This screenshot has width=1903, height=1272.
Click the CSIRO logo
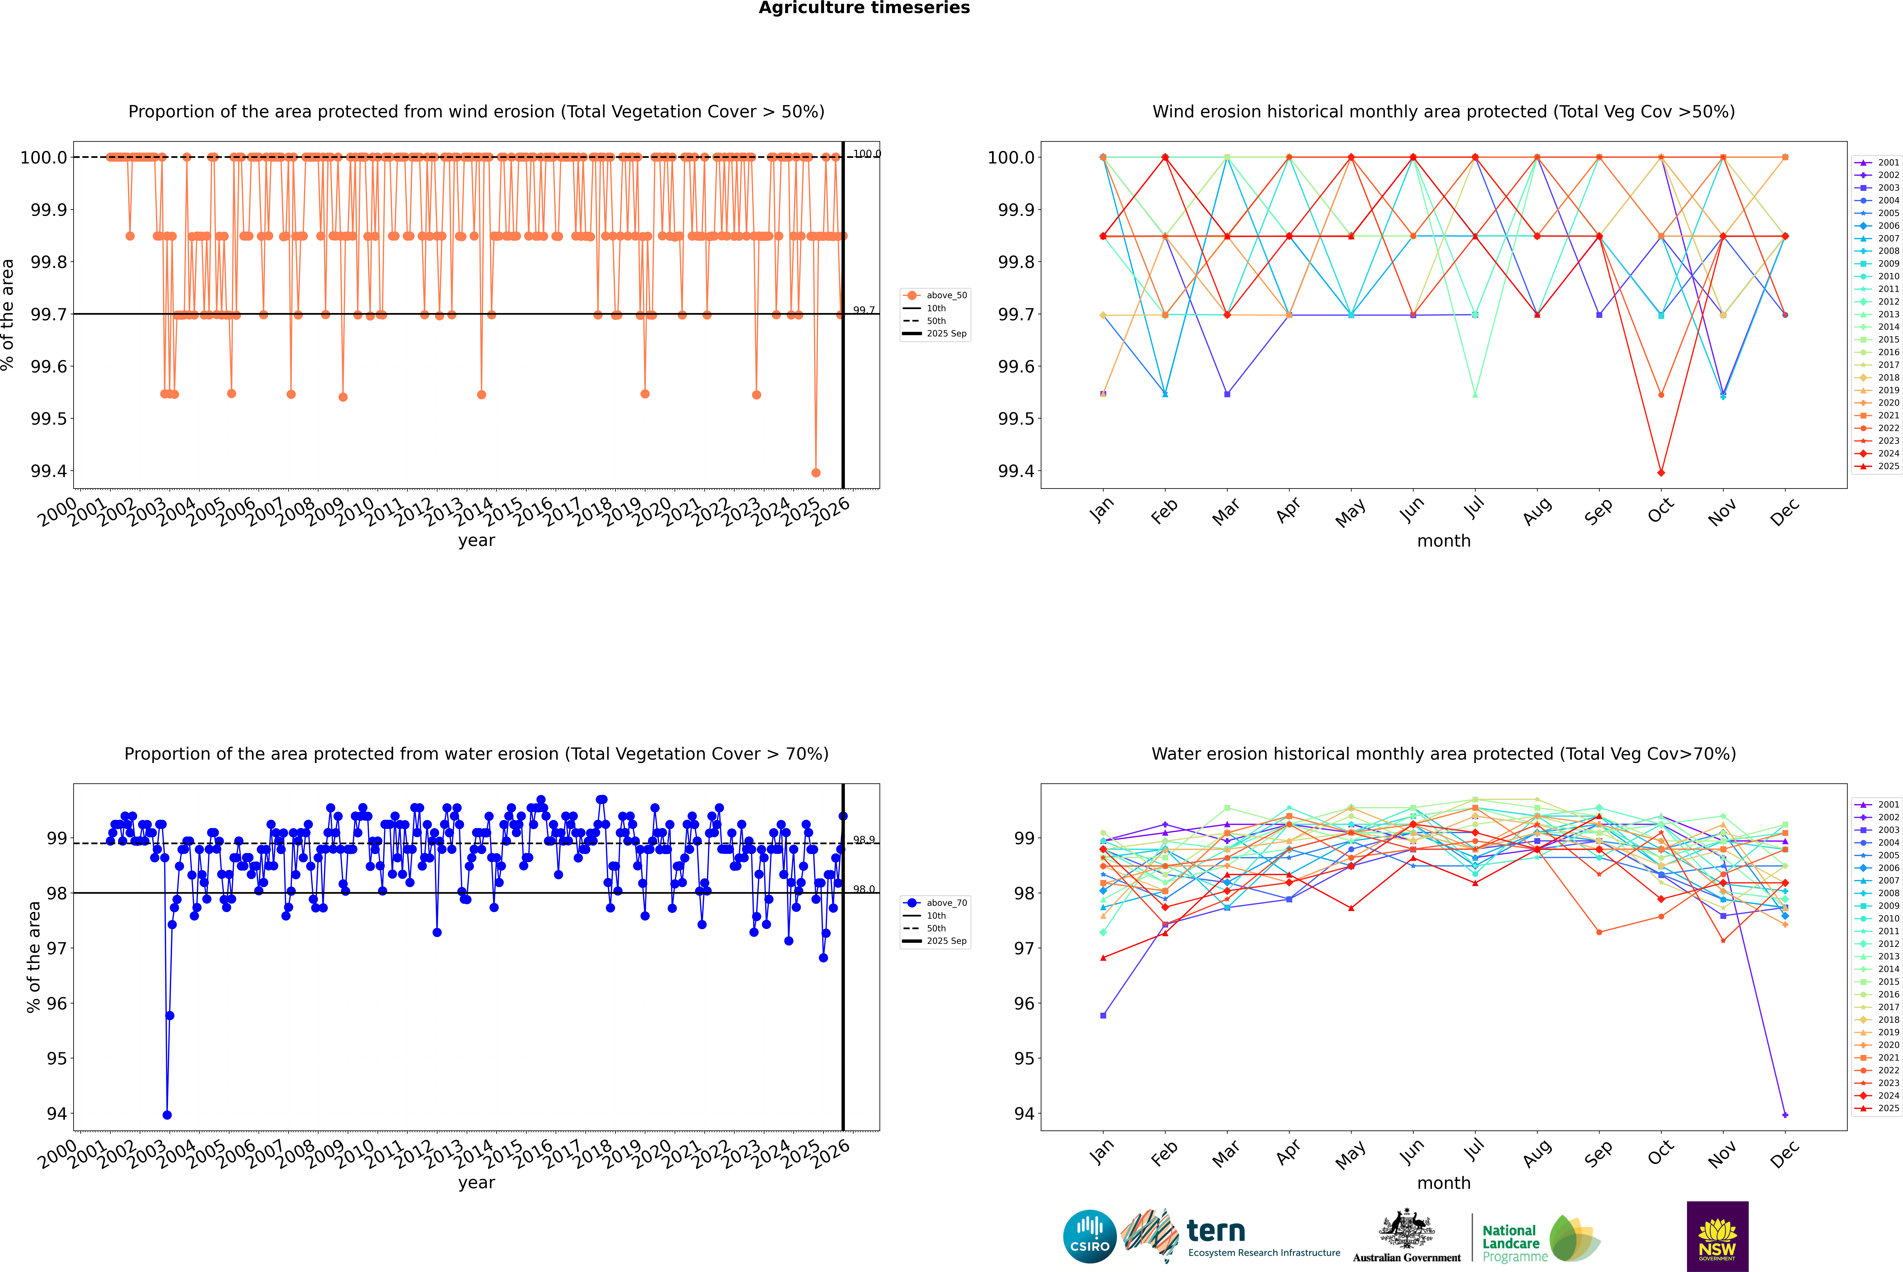(x=1089, y=1236)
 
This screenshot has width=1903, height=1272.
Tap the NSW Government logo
(x=1717, y=1236)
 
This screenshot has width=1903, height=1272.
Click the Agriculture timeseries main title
(x=864, y=8)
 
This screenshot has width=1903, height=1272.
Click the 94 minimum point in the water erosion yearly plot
(x=167, y=1115)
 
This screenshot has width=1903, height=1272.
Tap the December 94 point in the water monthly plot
(x=1785, y=1115)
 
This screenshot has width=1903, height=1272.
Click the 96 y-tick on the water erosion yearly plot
(x=57, y=1003)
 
